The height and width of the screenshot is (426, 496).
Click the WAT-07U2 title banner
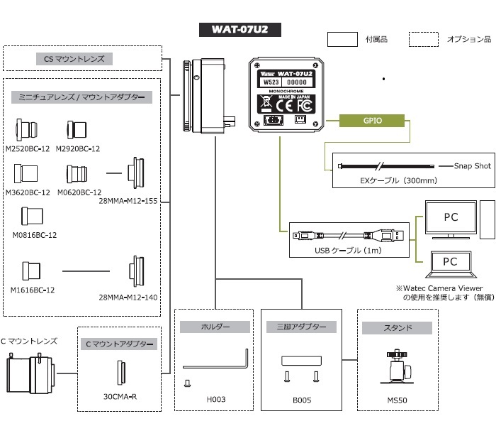[239, 30]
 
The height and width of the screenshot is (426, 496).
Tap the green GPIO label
[372, 121]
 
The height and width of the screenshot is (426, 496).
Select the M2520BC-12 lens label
[28, 148]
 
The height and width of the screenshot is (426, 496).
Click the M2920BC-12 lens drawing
[77, 130]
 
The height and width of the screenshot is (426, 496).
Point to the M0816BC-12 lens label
[35, 235]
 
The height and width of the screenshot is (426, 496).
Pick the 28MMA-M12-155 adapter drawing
[136, 173]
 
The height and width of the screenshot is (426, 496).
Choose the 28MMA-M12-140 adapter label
[128, 297]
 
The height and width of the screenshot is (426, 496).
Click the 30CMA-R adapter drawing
[120, 373]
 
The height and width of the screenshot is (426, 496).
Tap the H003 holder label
[216, 399]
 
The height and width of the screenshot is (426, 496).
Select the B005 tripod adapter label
[302, 400]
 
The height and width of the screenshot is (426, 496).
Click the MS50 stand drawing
[397, 367]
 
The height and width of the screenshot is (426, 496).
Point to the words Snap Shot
[473, 166]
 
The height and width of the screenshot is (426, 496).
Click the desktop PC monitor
[451, 219]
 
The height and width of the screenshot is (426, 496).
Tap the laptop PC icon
[451, 265]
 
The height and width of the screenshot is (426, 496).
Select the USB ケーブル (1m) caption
[348, 251]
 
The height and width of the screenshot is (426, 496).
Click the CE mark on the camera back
[284, 106]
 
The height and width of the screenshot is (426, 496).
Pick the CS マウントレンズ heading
[74, 59]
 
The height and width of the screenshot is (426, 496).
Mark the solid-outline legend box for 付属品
[342, 39]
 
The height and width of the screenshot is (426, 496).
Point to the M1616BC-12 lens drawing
[31, 271]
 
